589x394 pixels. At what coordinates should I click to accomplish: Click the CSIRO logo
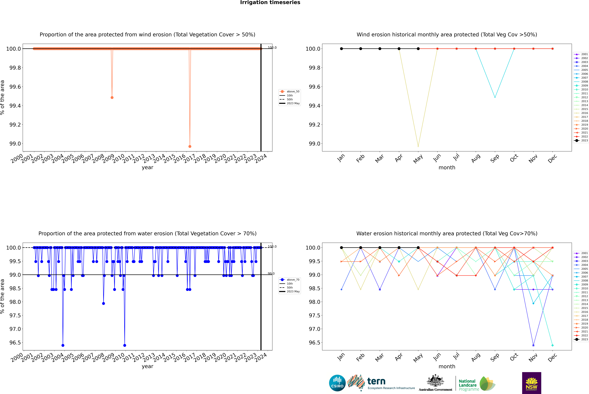pyautogui.click(x=337, y=383)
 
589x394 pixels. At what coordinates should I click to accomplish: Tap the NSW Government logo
pyautogui.click(x=531, y=383)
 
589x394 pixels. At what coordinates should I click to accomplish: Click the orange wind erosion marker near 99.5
pyautogui.click(x=112, y=97)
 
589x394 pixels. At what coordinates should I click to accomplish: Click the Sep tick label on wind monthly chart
pyautogui.click(x=495, y=158)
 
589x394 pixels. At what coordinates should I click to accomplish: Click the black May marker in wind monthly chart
pyautogui.click(x=418, y=49)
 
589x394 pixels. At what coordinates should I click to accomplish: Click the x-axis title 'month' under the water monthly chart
pyautogui.click(x=447, y=366)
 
